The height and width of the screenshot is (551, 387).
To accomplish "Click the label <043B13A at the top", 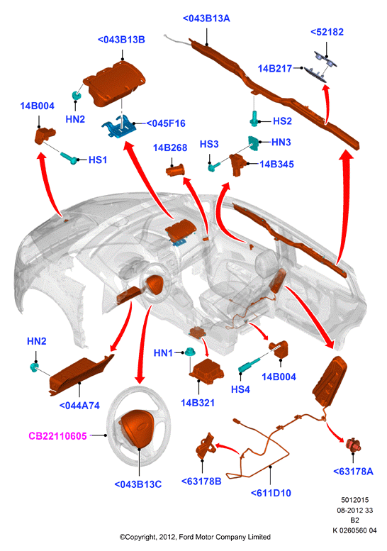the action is pos(206,18).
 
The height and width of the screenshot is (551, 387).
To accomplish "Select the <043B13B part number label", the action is pos(121,40).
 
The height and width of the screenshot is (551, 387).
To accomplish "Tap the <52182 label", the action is pos(327,32).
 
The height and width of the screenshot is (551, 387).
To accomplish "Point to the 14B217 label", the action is pos(274,69).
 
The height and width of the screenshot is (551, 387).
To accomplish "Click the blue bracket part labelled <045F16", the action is pos(118,128).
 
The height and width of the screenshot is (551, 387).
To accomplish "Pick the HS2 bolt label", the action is pos(282,121).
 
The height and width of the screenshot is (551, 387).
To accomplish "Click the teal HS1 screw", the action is pos(69,158).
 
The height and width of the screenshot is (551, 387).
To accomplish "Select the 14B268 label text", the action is pos(170,148).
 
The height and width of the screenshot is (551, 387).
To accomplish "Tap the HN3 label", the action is pos(281,143).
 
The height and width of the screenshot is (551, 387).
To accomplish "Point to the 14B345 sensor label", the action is pos(276,164).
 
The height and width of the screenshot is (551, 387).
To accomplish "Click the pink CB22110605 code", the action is pos(57,436).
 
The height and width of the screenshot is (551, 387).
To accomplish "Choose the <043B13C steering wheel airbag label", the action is pos(138,484).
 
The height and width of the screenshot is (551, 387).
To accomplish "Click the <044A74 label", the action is pos(79,406).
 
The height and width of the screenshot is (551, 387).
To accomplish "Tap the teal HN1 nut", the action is pos(190,352).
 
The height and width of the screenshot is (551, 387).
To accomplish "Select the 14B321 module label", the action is pos(197,403).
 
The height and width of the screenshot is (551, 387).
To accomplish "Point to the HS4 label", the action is pos(240,389).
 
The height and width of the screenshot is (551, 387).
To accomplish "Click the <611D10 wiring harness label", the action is pos(271,493).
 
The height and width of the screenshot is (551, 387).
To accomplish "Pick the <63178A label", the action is pos(353,472).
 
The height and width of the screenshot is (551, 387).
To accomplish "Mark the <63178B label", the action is pos(201,481).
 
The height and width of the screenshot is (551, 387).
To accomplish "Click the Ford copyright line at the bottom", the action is pos(195,537).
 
